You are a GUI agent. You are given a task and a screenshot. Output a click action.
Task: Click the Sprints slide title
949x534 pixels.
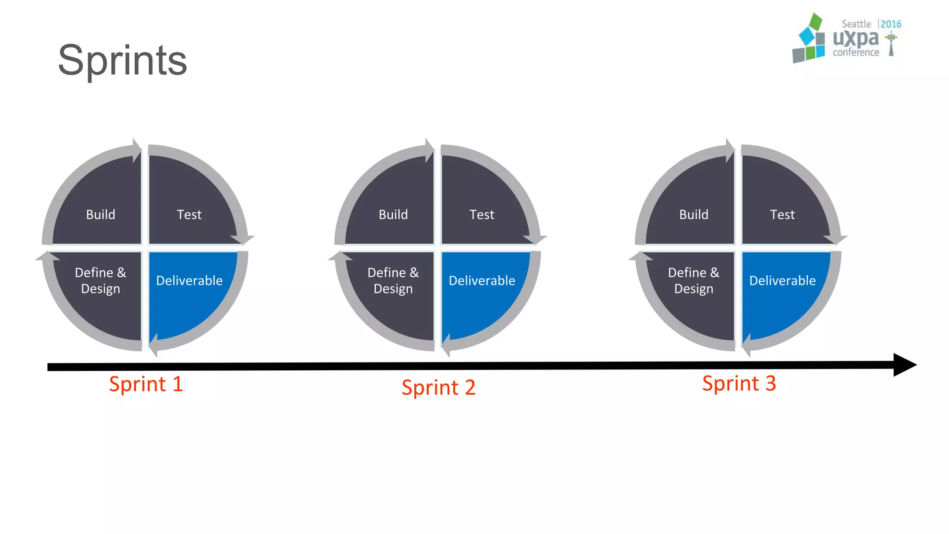pyautogui.click(x=122, y=61)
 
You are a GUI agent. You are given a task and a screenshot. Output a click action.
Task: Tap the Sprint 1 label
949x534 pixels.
pyautogui.click(x=146, y=384)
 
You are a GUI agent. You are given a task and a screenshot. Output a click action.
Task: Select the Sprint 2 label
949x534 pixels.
pyautogui.click(x=438, y=388)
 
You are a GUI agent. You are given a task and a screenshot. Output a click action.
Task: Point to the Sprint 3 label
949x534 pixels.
pyautogui.click(x=739, y=384)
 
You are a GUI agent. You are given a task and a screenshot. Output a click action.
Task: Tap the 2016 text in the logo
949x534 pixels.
pyautogui.click(x=891, y=24)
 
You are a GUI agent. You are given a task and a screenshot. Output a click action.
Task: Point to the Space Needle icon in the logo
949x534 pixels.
pyautogui.click(x=891, y=44)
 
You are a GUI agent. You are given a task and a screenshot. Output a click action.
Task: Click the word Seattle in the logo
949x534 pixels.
pyautogui.click(x=856, y=24)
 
